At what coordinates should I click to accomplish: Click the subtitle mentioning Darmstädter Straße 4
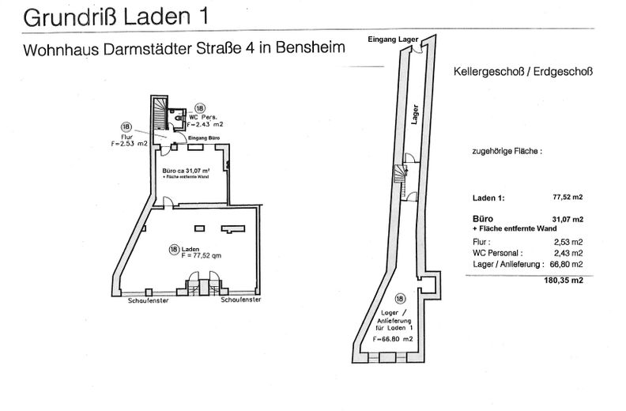[177, 48]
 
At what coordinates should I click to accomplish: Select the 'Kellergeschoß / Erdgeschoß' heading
[523, 71]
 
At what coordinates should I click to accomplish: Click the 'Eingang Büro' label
[205, 137]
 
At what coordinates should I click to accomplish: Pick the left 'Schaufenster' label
[149, 300]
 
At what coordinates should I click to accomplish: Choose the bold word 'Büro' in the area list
[482, 217]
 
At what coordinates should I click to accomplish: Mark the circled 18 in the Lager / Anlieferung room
[400, 298]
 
